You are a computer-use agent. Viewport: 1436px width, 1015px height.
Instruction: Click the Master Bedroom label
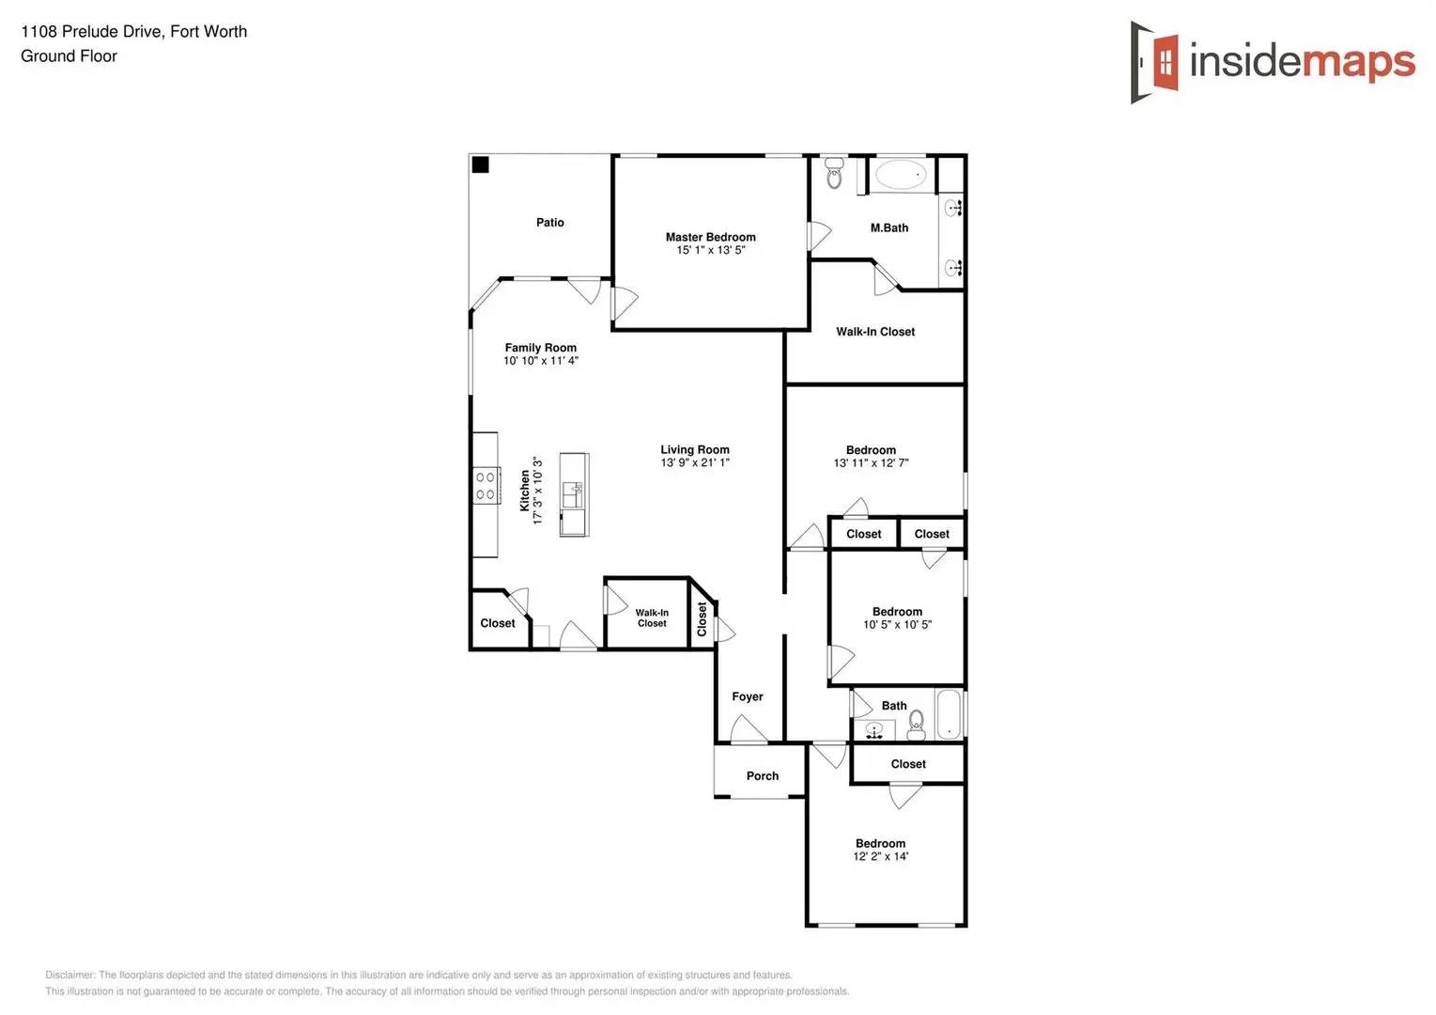pos(710,238)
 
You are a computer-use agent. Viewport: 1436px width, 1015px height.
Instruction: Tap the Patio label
pos(550,223)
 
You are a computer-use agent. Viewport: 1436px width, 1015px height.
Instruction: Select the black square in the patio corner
pos(480,165)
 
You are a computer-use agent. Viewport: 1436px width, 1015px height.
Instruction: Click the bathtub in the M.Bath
pos(901,175)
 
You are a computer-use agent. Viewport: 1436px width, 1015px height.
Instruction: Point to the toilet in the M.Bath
pos(834,174)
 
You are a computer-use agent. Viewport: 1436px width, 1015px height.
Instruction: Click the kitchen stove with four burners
pos(486,486)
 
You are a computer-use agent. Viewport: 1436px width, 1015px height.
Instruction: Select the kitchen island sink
pos(573,494)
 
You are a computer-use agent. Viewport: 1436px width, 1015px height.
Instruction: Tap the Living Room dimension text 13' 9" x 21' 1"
pos(695,462)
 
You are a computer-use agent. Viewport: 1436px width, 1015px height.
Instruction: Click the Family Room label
pos(541,348)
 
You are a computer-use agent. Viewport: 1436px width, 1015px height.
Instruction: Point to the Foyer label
pos(748,696)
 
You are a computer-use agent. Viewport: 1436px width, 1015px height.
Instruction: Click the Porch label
pos(763,776)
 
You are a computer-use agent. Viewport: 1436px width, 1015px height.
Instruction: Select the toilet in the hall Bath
pos(917,723)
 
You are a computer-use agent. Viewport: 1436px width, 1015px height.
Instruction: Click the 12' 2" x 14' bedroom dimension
pos(881,856)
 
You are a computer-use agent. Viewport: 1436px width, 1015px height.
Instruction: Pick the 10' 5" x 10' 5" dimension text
pos(898,624)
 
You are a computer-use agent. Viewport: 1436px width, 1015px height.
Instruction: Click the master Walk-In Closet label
pos(875,332)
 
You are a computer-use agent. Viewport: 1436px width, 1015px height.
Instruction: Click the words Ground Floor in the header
pos(69,56)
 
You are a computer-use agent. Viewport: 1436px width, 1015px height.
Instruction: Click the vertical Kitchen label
pos(525,491)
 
